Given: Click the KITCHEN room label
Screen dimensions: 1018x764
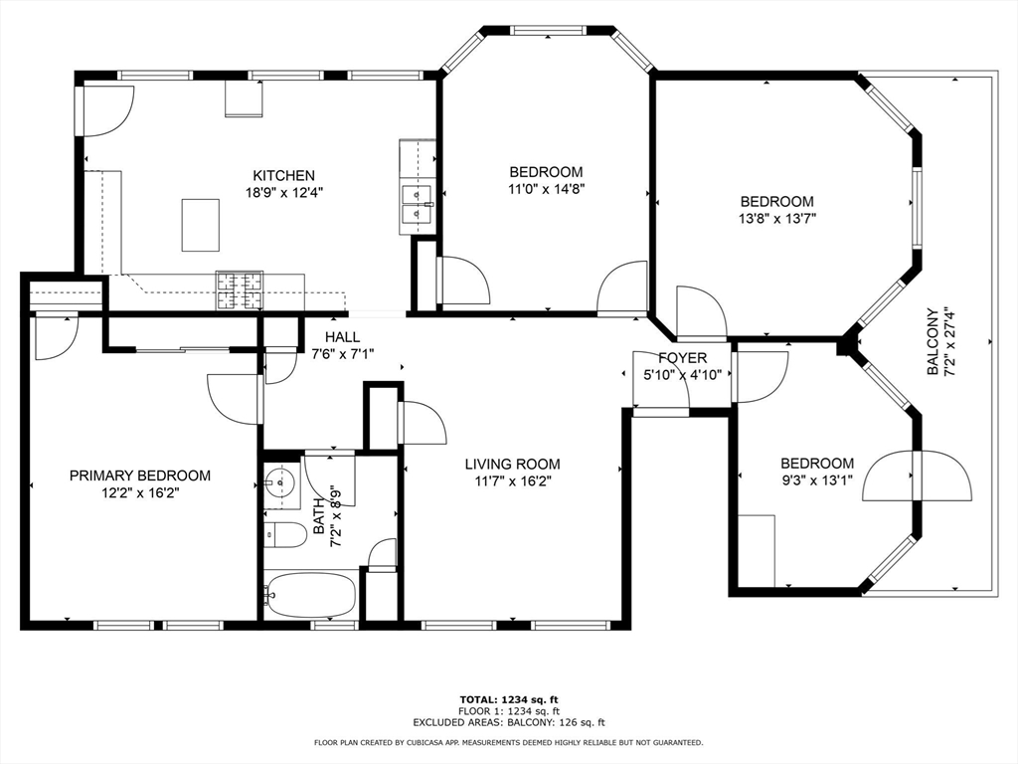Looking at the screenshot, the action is click(283, 175).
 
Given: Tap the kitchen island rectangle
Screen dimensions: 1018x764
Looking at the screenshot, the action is click(200, 225).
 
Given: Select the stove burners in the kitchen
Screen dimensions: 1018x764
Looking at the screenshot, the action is click(240, 290).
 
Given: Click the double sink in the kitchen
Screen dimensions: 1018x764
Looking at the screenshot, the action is click(417, 203).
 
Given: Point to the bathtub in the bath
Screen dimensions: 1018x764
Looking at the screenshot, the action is click(310, 595).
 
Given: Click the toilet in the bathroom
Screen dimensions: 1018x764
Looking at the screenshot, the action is click(285, 534).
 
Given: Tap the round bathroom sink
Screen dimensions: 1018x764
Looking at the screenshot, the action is click(279, 482).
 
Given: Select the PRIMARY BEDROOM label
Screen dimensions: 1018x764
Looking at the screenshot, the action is click(140, 476).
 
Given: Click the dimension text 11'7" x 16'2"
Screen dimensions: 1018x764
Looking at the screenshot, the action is click(513, 480).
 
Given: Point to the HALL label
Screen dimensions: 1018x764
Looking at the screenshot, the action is click(342, 337).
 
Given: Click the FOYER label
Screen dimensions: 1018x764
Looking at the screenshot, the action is click(682, 358).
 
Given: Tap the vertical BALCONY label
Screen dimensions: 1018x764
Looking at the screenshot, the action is click(933, 341).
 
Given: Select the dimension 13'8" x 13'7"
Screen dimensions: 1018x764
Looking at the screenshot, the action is click(777, 218).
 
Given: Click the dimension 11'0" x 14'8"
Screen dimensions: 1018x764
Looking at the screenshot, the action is click(546, 189).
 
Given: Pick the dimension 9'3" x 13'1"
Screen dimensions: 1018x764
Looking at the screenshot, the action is click(817, 480).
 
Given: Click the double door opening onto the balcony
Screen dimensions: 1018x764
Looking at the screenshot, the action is click(917, 477).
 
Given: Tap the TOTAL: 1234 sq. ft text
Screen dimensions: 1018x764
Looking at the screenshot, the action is click(509, 699).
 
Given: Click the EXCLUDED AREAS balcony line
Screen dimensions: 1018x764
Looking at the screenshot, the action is click(509, 722).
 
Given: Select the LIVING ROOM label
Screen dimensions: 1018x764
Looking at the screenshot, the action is click(512, 464).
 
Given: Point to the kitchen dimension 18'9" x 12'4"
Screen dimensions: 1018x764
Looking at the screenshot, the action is click(283, 192).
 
